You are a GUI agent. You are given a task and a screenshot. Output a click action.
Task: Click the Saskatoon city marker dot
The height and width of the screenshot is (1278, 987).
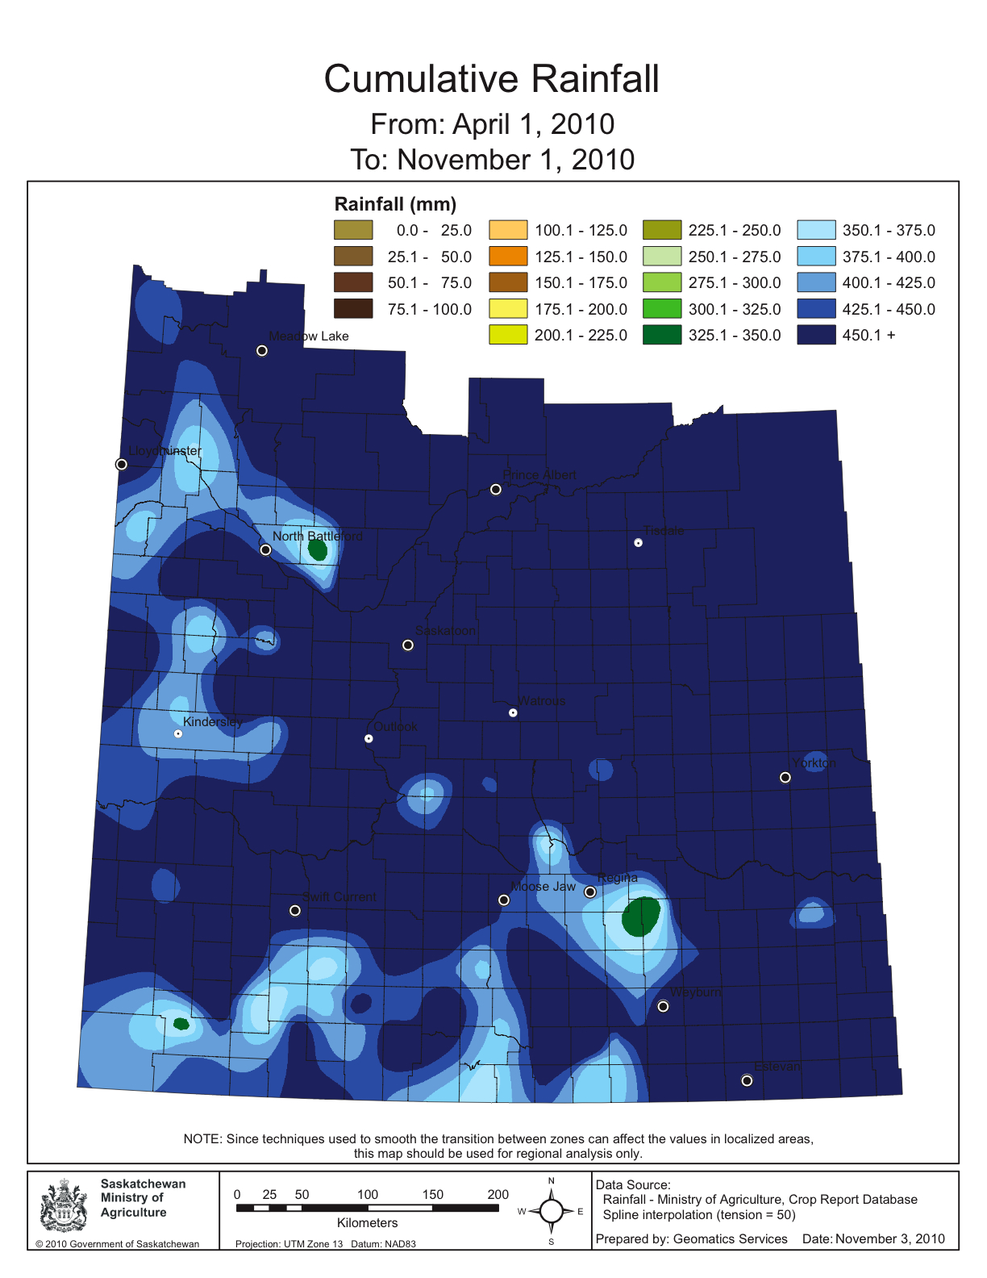[x=408, y=645]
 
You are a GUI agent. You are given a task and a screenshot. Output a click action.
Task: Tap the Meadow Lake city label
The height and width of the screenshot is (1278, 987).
[x=309, y=336]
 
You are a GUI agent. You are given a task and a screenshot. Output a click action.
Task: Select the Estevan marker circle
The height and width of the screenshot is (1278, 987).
[x=747, y=1080]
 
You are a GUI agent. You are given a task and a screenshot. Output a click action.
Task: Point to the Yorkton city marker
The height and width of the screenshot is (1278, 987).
[x=785, y=778]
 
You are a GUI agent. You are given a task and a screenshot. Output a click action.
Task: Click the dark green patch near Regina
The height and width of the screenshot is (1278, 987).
[x=641, y=917]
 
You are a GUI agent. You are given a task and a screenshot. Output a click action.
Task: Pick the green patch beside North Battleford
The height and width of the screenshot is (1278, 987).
[x=318, y=550]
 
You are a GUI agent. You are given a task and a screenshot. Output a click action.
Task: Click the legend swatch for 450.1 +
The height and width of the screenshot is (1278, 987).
[x=816, y=335]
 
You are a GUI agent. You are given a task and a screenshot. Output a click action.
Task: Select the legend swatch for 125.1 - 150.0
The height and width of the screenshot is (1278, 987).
[x=508, y=257]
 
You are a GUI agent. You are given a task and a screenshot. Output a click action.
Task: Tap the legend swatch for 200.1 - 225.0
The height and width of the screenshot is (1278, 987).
[x=508, y=335]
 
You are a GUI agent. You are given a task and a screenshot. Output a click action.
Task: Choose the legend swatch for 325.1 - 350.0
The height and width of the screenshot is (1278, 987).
[x=662, y=335]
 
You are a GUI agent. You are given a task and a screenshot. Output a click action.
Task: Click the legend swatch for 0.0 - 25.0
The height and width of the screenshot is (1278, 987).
[x=353, y=230]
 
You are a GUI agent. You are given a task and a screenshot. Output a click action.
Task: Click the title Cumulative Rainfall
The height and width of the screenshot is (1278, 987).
[x=492, y=79]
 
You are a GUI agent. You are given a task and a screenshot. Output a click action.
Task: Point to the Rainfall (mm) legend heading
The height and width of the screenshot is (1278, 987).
[x=395, y=204]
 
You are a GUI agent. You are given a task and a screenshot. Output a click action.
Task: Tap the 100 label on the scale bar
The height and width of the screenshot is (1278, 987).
[x=368, y=1194]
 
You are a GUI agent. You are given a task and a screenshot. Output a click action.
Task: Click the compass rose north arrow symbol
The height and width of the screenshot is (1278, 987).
[x=552, y=1210]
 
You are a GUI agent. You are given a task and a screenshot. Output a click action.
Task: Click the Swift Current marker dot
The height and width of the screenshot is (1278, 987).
[x=295, y=910]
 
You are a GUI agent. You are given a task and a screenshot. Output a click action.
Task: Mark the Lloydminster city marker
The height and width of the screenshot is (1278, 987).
[x=122, y=464]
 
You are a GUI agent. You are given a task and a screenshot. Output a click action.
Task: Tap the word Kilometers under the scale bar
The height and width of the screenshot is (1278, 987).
[x=368, y=1223]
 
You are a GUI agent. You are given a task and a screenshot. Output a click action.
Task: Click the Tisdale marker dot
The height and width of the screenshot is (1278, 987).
[x=638, y=543]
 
